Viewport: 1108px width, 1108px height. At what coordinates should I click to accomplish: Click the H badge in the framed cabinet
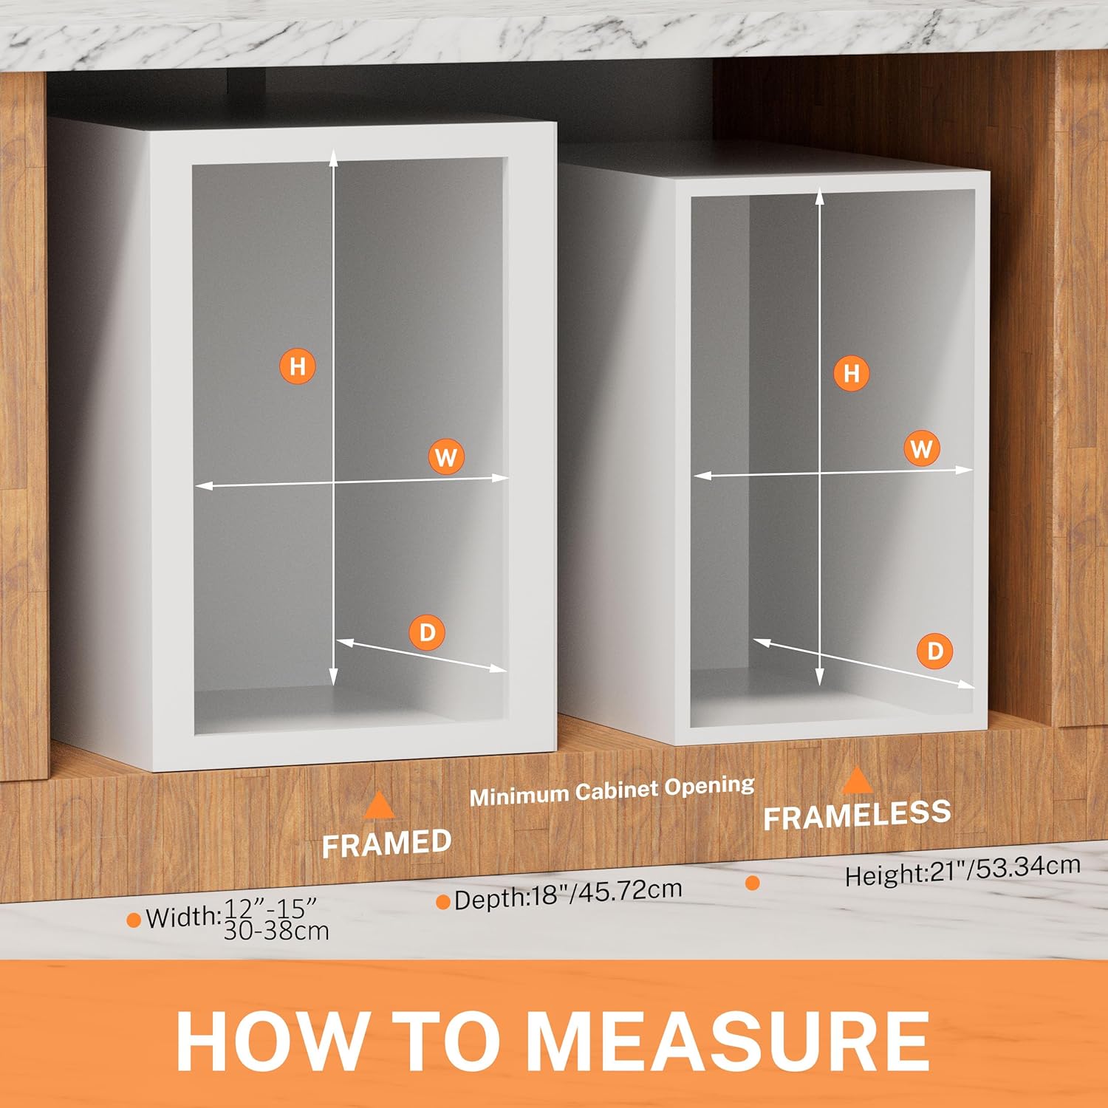pyautogui.click(x=298, y=366)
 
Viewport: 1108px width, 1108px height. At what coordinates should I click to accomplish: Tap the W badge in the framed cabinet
pyautogui.click(x=446, y=458)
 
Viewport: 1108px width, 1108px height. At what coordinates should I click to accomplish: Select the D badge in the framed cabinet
pyautogui.click(x=427, y=632)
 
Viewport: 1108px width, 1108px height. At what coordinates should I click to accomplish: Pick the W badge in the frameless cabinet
pyautogui.click(x=922, y=448)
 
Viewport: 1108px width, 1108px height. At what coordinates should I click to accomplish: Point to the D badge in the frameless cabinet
pyautogui.click(x=935, y=651)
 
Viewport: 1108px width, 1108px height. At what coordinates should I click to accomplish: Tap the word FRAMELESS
pyautogui.click(x=857, y=815)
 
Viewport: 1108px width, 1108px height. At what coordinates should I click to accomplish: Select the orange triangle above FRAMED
pyautogui.click(x=379, y=805)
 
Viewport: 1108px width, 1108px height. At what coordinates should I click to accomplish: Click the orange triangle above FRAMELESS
pyautogui.click(x=857, y=779)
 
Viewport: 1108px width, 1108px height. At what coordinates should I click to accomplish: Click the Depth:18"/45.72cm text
pyautogui.click(x=567, y=895)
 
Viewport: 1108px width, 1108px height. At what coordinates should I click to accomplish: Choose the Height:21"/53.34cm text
pyautogui.click(x=962, y=869)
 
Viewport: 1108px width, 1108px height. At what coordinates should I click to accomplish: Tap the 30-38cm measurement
pyautogui.click(x=276, y=930)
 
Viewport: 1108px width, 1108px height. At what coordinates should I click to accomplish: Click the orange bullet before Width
pyautogui.click(x=134, y=920)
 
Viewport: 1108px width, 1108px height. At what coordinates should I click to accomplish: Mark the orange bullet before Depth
pyautogui.click(x=443, y=902)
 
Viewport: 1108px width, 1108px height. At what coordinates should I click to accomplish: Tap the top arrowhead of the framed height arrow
pyautogui.click(x=333, y=154)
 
